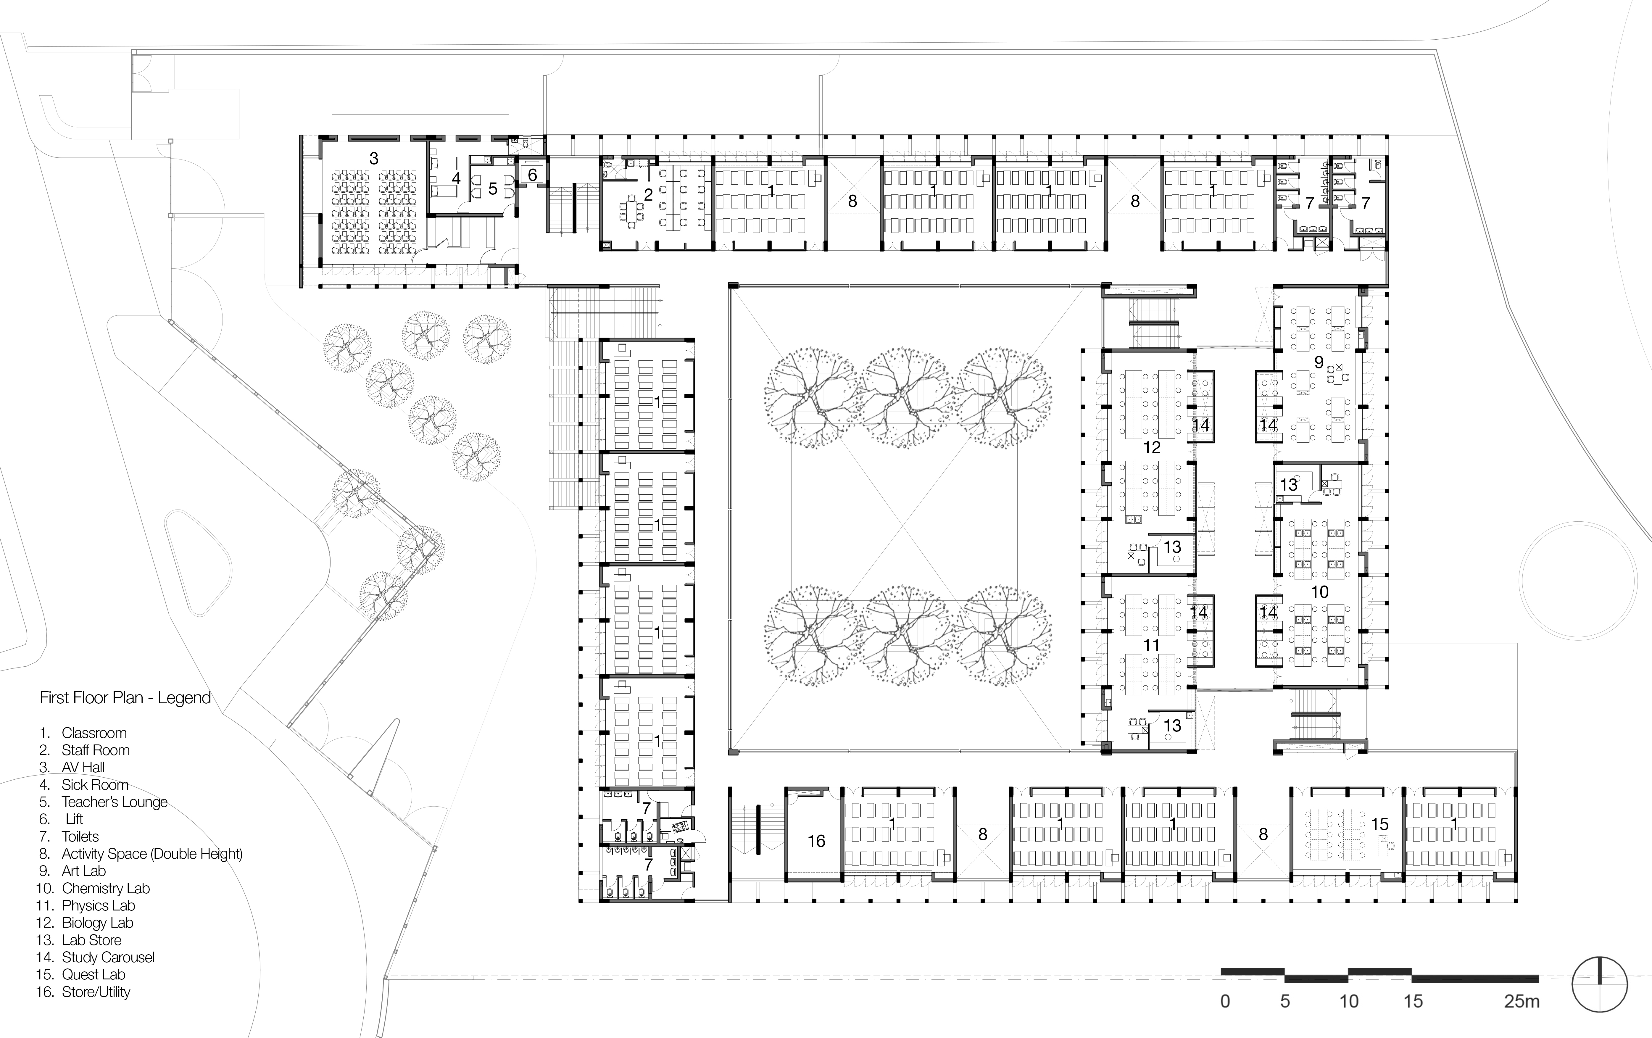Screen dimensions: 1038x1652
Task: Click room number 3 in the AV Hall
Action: (x=374, y=159)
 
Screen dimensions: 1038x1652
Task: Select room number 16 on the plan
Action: (x=816, y=841)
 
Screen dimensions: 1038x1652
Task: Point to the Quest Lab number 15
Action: (x=1380, y=824)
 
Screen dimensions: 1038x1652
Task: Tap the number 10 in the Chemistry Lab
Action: (x=1319, y=591)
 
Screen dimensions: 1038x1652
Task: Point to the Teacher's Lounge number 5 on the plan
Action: (x=493, y=189)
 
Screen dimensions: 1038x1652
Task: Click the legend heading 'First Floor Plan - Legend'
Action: (x=125, y=698)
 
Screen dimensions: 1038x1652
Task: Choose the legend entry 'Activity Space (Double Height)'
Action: (x=151, y=853)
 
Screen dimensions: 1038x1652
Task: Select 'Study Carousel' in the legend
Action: (x=108, y=957)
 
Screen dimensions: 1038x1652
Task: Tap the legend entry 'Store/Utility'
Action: (x=95, y=991)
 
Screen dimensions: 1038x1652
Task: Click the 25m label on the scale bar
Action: (x=1522, y=1002)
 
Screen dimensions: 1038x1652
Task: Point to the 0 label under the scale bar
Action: (x=1225, y=1002)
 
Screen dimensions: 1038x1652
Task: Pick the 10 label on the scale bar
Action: (x=1349, y=1002)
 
